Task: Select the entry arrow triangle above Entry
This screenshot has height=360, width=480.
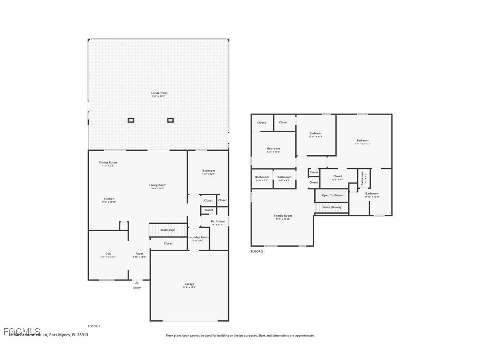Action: coord(137,283)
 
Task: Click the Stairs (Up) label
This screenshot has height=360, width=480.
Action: coord(168,230)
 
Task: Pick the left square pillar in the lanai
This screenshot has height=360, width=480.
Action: coord(131,120)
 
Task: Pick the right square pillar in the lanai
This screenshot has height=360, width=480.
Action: coord(171,120)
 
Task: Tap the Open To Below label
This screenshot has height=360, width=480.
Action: coord(332,195)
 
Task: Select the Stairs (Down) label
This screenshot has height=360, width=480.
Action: coord(331,207)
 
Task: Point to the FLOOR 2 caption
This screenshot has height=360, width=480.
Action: coord(257,251)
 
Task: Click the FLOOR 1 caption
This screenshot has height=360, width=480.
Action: coord(94,326)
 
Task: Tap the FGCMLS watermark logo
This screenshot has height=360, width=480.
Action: coord(22,331)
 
